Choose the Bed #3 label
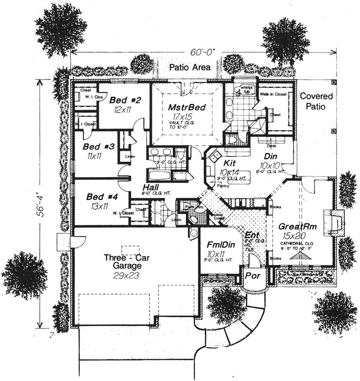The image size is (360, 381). (99, 147)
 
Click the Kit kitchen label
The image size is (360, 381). (229, 163)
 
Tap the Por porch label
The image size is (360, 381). (253, 276)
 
